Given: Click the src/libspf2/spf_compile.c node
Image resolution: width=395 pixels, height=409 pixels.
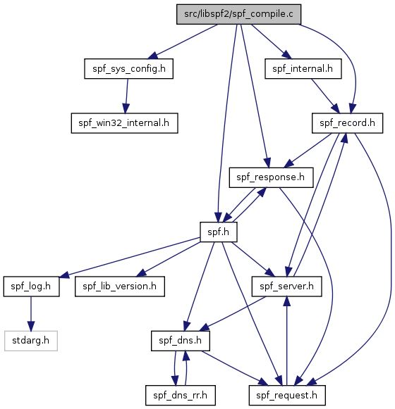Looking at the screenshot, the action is coord(238,14).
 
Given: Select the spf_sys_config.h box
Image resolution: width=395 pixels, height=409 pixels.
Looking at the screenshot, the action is coord(128,68).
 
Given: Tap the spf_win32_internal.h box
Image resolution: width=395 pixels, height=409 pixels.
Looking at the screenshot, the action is coord(124,123).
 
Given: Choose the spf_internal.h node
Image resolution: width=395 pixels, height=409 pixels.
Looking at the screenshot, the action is coord(303,68).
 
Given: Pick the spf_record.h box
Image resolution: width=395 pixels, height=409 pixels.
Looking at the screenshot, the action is coord(348,123).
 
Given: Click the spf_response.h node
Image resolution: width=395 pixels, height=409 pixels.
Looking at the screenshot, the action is coord(271,177).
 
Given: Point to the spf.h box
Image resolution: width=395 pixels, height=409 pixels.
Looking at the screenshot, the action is coord(219,232).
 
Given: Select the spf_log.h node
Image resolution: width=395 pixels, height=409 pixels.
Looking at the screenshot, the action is coord(31,287).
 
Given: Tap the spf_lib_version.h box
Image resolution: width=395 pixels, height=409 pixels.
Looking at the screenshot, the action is coord(120,287).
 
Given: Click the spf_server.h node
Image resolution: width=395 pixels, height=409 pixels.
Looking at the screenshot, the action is coord(287,287).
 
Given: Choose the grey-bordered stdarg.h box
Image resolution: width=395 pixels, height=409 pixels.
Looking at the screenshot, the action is coord(31,341).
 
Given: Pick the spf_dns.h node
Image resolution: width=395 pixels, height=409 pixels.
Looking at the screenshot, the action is coord(181,341).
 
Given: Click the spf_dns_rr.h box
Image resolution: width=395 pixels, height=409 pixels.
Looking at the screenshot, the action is coord(181,396).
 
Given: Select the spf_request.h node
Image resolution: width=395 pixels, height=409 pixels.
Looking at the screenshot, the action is coord(287,396).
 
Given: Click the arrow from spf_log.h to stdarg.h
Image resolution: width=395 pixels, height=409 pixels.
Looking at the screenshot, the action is coord(31,314).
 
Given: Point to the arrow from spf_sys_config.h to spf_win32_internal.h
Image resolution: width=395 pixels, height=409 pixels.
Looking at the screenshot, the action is coord(126,96).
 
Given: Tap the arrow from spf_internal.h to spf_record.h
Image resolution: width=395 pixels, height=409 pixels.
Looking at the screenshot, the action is coord(325,96).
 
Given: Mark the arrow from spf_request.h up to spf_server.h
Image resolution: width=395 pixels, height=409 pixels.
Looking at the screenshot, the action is coord(287,341).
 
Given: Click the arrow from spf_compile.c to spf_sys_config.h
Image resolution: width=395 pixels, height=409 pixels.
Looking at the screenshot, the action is coord(183,42).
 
